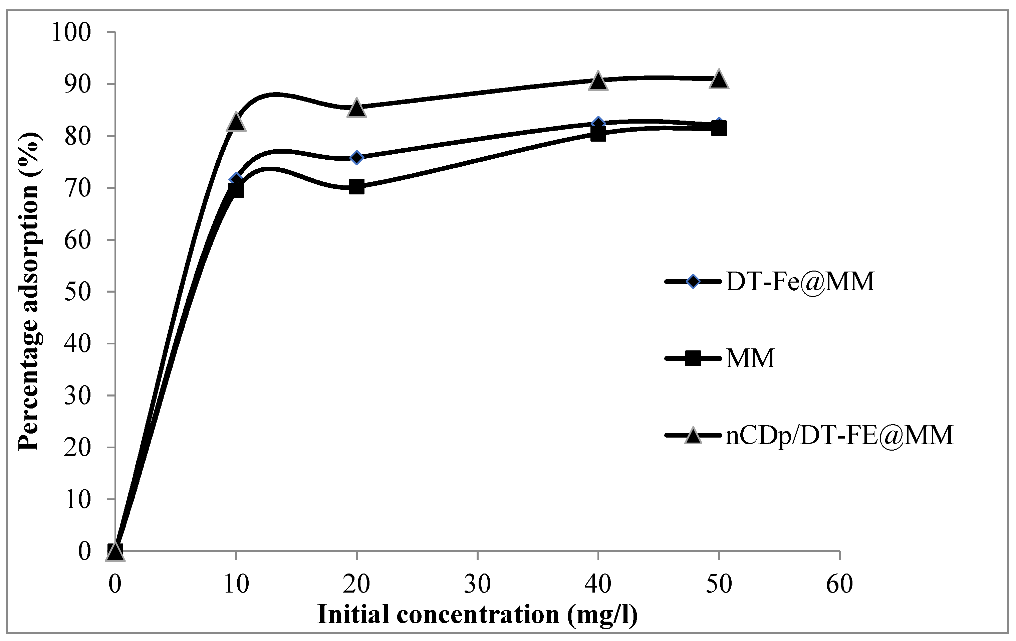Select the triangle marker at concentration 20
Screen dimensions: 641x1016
356,108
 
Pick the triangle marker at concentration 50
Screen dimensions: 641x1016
719,79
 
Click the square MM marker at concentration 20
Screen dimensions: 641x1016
356,186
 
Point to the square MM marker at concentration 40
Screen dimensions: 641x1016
598,134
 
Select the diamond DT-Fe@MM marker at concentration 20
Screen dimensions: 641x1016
356,158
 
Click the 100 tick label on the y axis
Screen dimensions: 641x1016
71,32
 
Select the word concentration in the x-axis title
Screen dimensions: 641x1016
478,615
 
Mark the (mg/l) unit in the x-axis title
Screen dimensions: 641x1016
602,615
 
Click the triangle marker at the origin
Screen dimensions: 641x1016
115,551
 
